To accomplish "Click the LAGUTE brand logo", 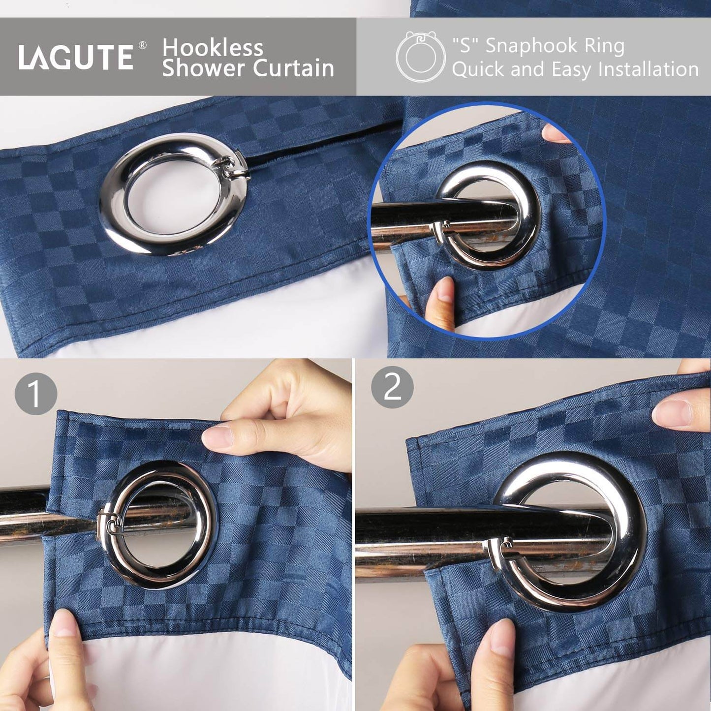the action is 76,57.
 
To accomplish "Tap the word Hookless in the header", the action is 213,48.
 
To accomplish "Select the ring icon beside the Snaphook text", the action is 421,57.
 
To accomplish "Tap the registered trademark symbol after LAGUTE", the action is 142,45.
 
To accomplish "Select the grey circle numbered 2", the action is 392,387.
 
